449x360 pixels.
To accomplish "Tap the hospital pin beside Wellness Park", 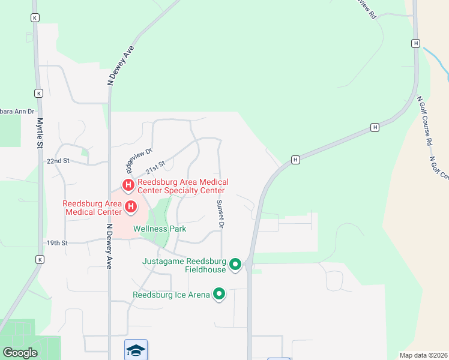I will [131, 208].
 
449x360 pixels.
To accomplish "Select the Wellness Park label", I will [160, 229].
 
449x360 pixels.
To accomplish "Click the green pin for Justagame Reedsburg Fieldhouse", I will [235, 264].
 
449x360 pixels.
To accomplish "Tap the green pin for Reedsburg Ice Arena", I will [220, 294].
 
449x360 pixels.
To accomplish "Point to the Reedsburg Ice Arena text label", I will [171, 295].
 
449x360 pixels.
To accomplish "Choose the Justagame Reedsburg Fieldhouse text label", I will [184, 265].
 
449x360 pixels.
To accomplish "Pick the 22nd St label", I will [58, 161].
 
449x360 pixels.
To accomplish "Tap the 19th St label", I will [58, 243].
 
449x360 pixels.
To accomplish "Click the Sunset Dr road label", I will [220, 214].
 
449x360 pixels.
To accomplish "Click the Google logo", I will [20, 353].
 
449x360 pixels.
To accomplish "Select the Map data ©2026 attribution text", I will [423, 355].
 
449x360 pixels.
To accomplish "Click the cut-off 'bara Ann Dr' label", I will [18, 112].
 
